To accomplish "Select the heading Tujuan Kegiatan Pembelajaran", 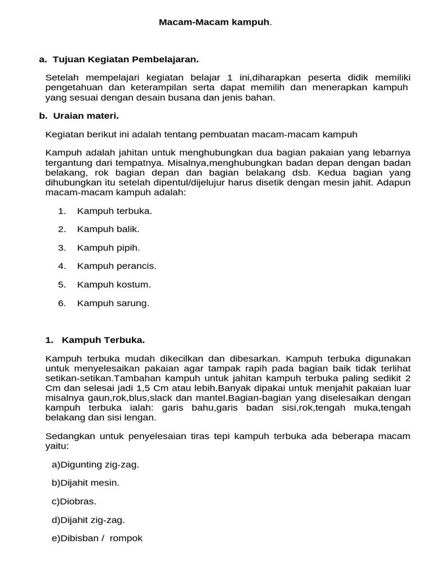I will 126,59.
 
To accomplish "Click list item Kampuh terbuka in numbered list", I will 114,211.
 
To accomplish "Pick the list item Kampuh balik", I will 108,229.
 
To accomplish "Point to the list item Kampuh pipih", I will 108,248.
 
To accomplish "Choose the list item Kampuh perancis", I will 117,266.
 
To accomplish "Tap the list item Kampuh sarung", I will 113,303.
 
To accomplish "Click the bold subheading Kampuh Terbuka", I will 103,340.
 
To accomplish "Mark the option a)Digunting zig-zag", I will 95,465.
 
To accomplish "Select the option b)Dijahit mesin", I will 85,483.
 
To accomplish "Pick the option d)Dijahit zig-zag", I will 88,520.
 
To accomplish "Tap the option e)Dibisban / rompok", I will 97,538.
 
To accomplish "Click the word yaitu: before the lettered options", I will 57,446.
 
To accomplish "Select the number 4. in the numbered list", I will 62,266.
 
